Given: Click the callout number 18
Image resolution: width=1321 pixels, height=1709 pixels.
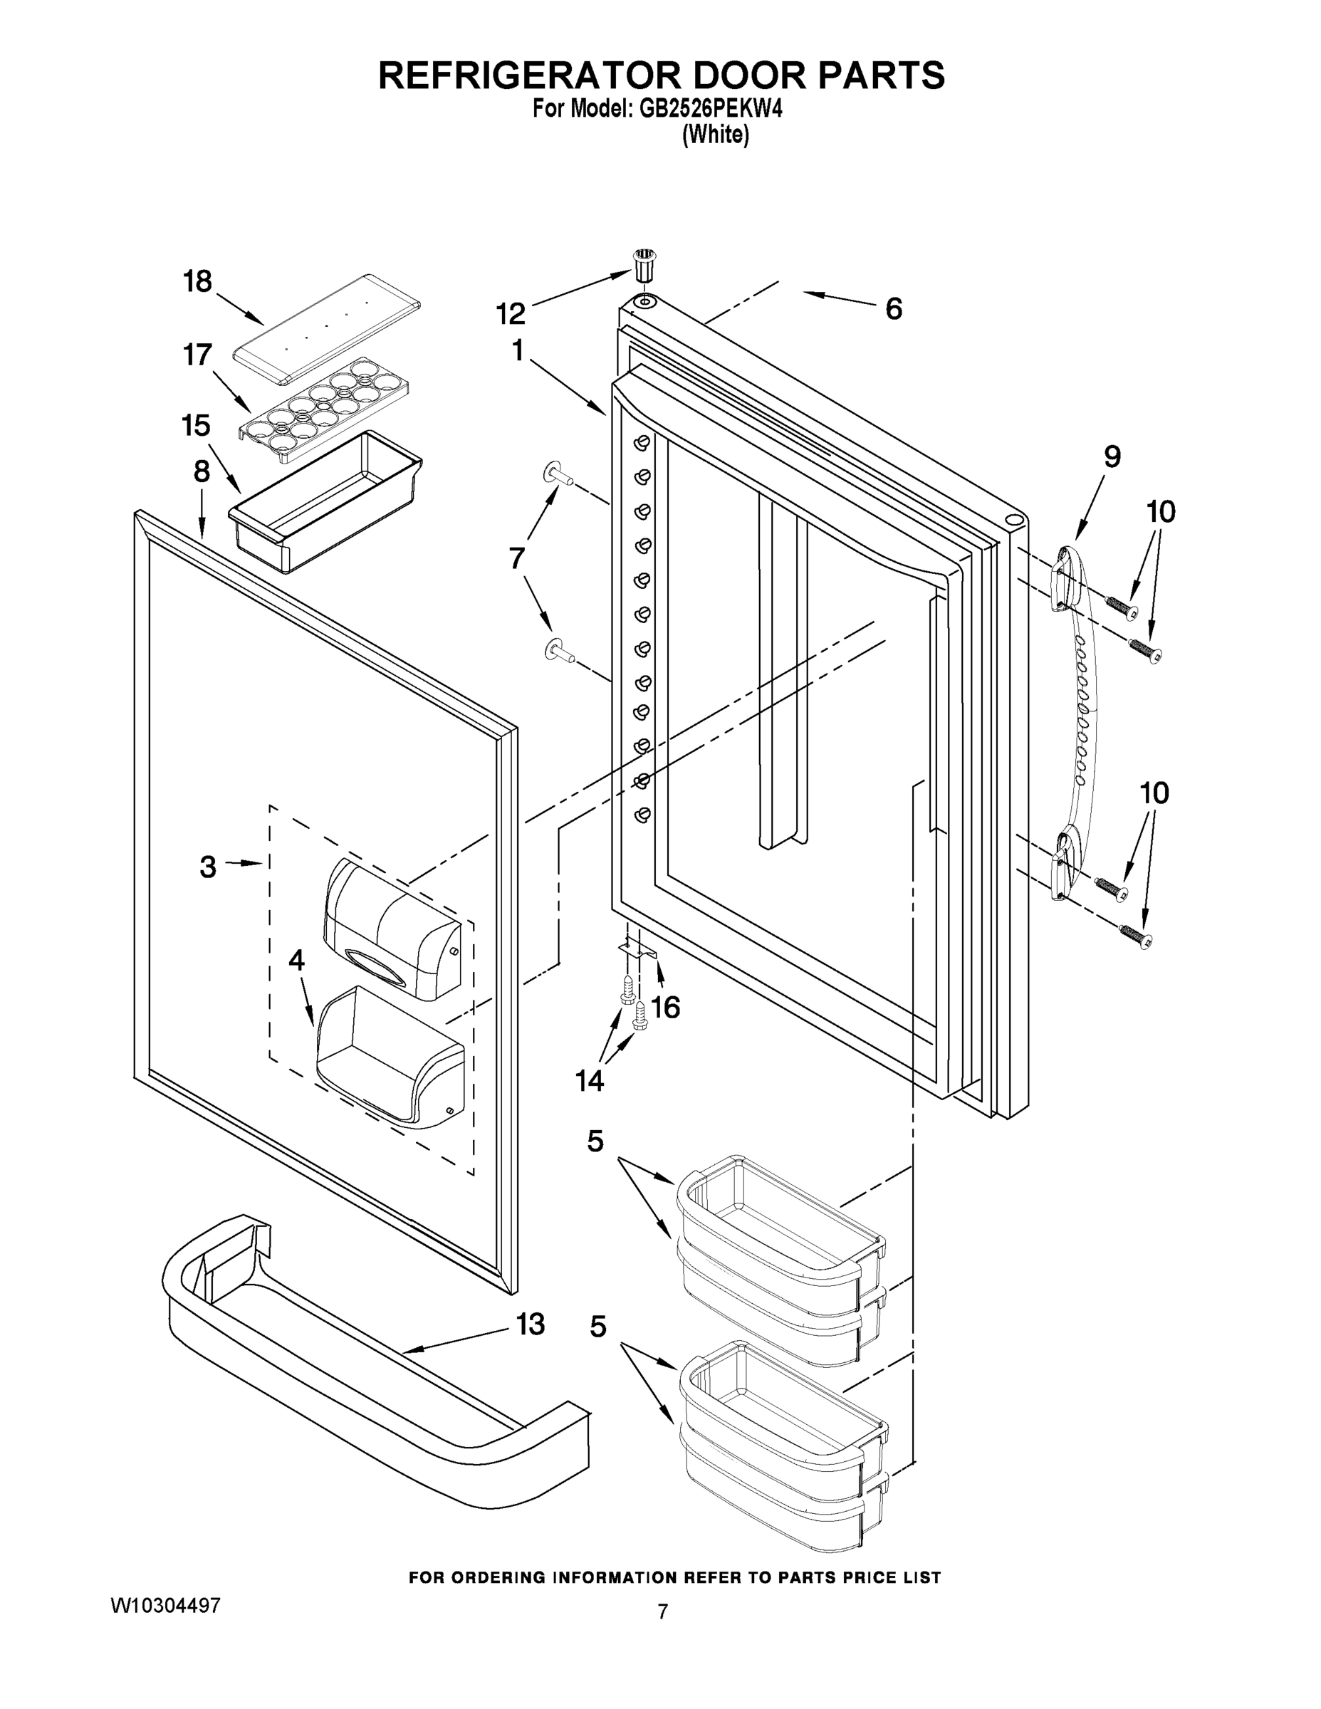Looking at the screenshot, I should click(197, 282).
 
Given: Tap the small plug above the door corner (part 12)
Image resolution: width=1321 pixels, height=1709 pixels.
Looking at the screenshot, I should click(644, 267).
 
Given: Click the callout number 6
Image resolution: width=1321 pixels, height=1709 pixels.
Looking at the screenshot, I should click(893, 309).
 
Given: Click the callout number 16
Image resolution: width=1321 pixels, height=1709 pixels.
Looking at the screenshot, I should click(666, 1008).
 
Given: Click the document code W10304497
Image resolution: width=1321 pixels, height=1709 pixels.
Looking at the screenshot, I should click(165, 1606).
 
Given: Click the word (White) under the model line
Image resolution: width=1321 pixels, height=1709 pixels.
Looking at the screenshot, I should click(715, 135).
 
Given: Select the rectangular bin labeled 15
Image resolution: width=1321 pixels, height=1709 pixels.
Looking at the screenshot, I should click(325, 501).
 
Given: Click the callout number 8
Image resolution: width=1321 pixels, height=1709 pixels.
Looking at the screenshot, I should click(201, 471).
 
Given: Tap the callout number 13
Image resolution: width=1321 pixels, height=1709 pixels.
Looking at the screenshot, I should click(530, 1324).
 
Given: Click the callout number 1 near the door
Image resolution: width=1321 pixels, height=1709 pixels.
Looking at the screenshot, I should click(517, 350).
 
